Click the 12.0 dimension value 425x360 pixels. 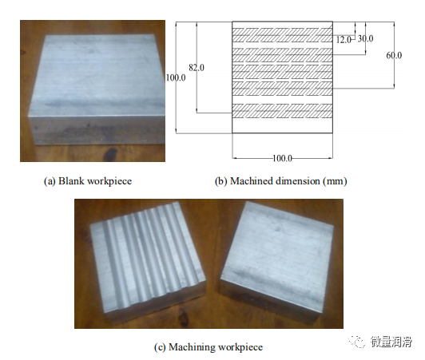click(x=344, y=40)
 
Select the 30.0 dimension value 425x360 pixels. click(x=365, y=39)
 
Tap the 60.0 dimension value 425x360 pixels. click(x=394, y=55)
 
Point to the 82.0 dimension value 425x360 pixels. click(x=197, y=67)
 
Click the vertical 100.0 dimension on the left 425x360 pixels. click(x=176, y=77)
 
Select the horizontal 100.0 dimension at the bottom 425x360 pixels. click(x=282, y=158)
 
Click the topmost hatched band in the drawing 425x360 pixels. click(x=282, y=35)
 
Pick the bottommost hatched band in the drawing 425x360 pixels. click(x=282, y=111)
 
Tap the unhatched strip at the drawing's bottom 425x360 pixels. click(x=282, y=125)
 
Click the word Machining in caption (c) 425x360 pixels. click(x=192, y=347)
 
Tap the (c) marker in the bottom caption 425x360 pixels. click(x=160, y=347)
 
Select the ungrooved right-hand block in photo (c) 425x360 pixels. click(x=276, y=261)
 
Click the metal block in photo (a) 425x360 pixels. click(x=97, y=89)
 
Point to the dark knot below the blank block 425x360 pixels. click(x=111, y=154)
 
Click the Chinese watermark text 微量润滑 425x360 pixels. click(x=391, y=342)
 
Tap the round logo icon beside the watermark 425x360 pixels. click(x=357, y=342)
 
